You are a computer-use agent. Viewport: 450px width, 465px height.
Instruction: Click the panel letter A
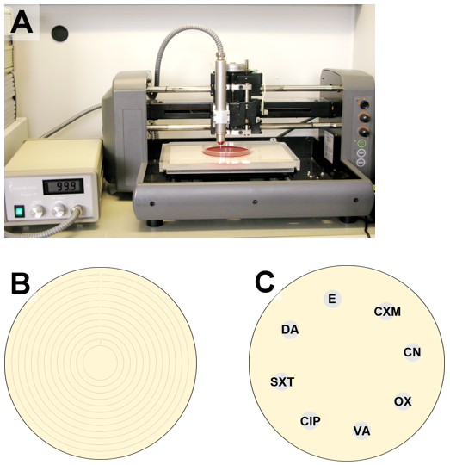(x=22, y=22)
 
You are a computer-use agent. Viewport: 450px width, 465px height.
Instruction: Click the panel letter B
(x=21, y=283)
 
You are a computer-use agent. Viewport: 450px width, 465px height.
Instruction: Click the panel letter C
(x=264, y=282)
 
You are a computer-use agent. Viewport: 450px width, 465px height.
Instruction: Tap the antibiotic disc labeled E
(x=332, y=299)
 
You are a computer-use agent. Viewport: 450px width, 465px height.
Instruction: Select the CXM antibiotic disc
(x=387, y=311)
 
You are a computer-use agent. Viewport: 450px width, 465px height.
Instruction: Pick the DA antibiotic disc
(x=290, y=329)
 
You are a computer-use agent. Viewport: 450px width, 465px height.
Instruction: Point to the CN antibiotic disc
(x=412, y=352)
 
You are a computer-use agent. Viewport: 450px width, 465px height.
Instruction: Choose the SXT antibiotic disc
(x=282, y=381)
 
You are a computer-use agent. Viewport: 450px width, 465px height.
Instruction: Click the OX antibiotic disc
(x=403, y=401)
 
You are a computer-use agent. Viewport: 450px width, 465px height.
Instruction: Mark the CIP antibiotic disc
(x=310, y=421)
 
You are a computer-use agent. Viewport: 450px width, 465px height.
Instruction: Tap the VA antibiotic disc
(x=361, y=431)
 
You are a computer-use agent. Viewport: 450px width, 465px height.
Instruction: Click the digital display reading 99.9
(x=63, y=186)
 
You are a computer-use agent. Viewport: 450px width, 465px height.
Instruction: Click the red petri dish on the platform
(x=227, y=150)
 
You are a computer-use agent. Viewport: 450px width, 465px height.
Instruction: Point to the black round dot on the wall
(x=59, y=34)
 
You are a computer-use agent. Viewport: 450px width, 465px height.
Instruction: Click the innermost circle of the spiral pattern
(x=101, y=362)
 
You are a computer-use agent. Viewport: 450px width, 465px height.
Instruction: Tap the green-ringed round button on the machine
(x=361, y=144)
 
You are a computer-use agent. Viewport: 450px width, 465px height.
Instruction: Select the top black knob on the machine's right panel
(x=364, y=104)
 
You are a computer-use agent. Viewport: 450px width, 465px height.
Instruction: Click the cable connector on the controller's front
(x=78, y=211)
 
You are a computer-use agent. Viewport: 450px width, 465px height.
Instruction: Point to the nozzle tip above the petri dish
(x=221, y=143)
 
